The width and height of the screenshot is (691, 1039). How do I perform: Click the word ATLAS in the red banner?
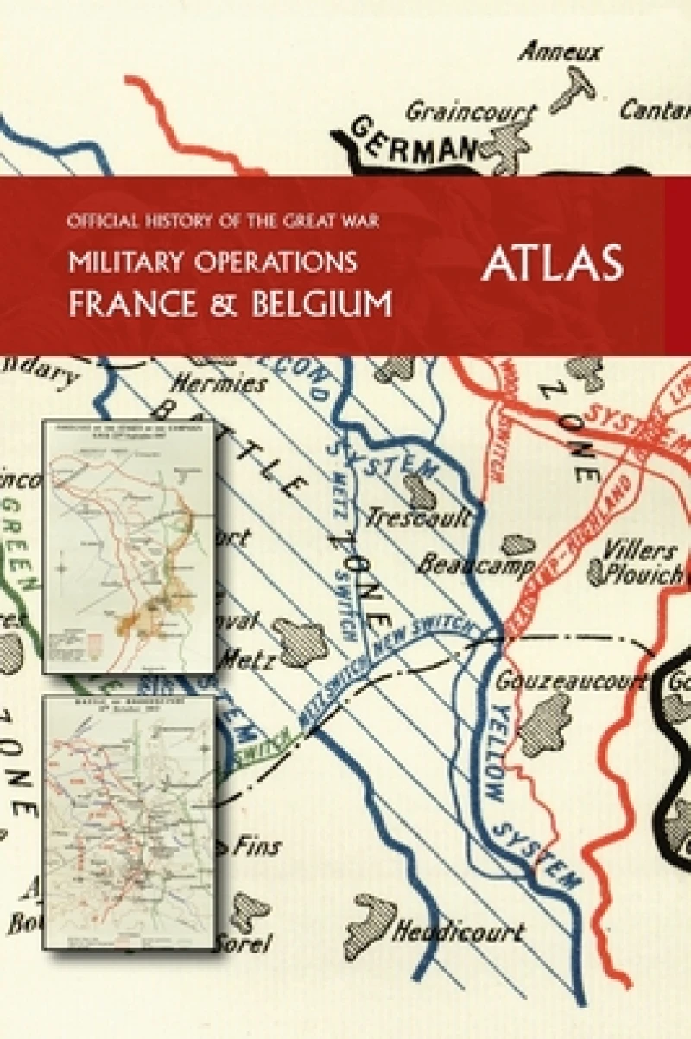[x=553, y=263]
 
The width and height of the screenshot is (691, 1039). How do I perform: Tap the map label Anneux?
[x=560, y=53]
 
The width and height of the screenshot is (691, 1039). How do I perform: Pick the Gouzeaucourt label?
[x=571, y=681]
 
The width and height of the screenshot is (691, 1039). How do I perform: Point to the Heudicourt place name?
[x=459, y=931]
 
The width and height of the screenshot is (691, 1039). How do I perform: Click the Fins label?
[x=257, y=846]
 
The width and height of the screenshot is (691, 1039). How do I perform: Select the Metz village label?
[x=249, y=662]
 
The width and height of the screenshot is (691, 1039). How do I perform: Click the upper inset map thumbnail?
[x=128, y=546]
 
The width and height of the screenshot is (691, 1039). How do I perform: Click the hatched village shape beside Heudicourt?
[x=369, y=924]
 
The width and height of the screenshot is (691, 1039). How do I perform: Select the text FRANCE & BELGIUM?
[x=231, y=304]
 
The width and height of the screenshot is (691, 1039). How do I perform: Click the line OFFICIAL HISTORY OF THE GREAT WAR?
[x=224, y=221]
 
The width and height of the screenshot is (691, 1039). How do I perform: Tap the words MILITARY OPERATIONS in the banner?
[x=213, y=262]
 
